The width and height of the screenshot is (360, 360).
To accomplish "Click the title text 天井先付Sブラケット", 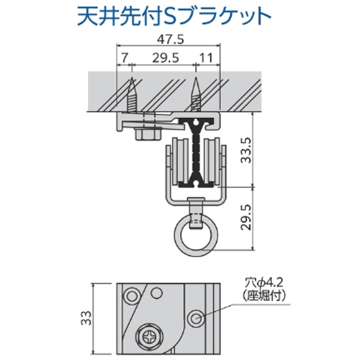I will pyautogui.click(x=176, y=15).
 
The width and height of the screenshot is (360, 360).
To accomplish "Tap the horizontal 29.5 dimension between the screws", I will pyautogui.click(x=164, y=56).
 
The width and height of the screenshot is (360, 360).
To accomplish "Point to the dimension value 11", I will pyautogui.click(x=206, y=56).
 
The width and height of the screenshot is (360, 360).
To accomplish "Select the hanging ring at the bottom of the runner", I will pyautogui.click(x=195, y=238).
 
